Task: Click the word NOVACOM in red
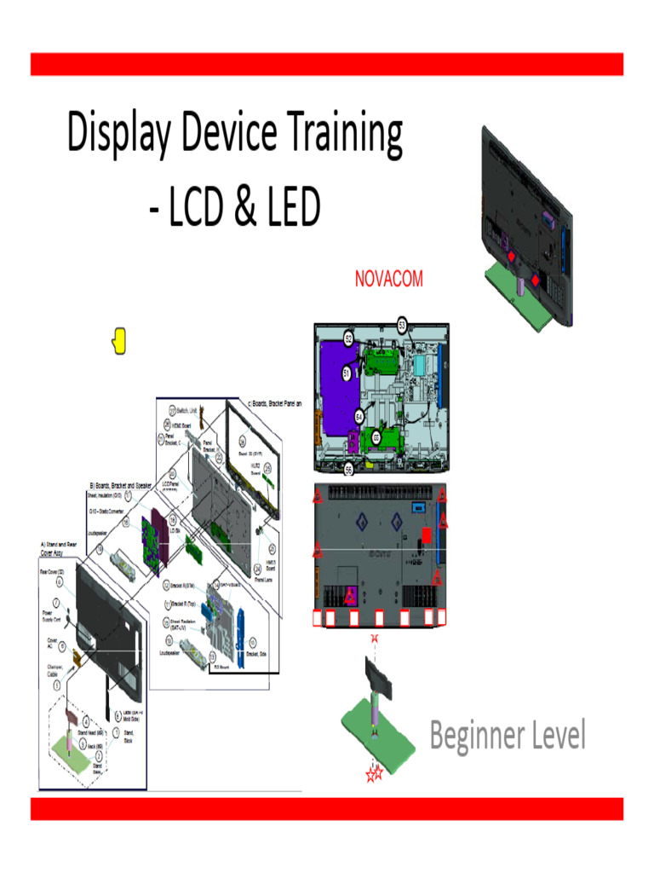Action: (388, 279)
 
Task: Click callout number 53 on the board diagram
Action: (402, 324)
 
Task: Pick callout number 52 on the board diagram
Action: (349, 338)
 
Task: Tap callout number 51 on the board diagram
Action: (347, 373)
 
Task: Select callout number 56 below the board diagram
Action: (348, 469)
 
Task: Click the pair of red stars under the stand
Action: (373, 774)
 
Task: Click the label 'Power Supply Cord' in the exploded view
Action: (51, 617)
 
